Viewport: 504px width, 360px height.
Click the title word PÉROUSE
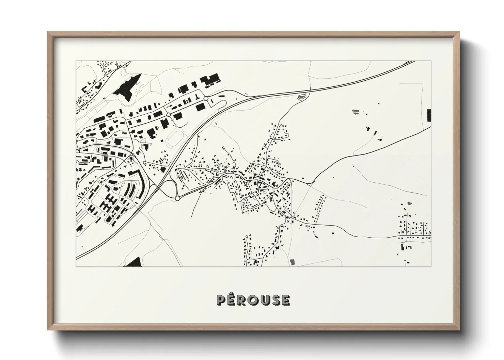pyautogui.click(x=253, y=300)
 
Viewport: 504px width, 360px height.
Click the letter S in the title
pyautogui.click(x=275, y=300)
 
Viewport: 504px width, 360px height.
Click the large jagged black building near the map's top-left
pyautogui.click(x=127, y=87)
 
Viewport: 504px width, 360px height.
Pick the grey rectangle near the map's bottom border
pyautogui.click(x=292, y=262)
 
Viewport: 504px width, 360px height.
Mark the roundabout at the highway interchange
pyautogui.click(x=177, y=198)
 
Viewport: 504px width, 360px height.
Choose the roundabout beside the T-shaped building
pyautogui.click(x=206, y=98)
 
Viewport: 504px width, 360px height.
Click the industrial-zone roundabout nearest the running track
pyautogui.click(x=168, y=115)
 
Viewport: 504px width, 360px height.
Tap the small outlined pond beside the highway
pyautogui.click(x=301, y=97)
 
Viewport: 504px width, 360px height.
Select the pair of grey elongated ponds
pyautogui.click(x=355, y=111)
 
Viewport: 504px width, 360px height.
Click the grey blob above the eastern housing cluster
pyautogui.click(x=408, y=203)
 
